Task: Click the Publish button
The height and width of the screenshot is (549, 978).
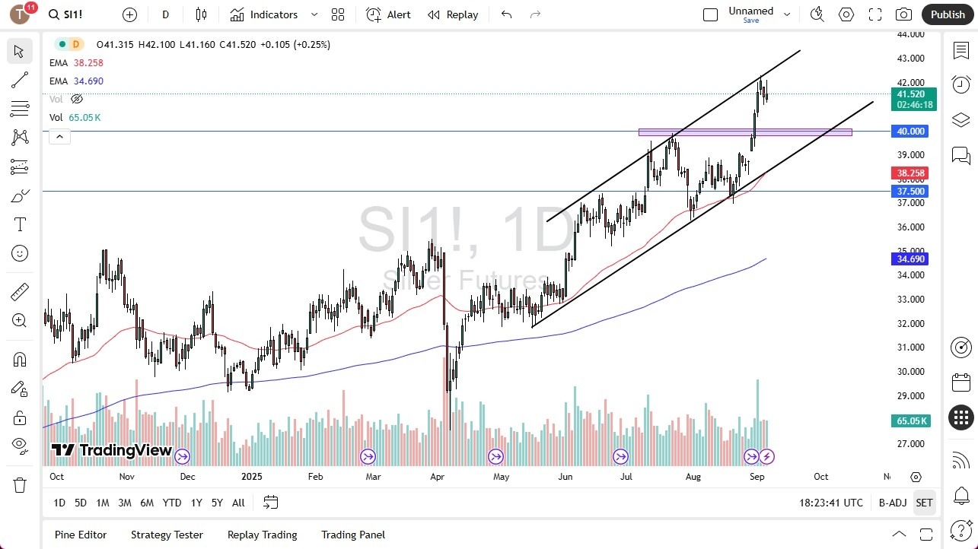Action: [x=947, y=14]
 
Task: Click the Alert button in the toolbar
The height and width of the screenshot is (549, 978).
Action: [x=388, y=14]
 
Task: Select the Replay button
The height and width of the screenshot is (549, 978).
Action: [x=453, y=14]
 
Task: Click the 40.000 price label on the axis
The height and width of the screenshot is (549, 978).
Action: [x=911, y=132]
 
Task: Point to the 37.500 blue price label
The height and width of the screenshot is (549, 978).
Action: [x=911, y=192]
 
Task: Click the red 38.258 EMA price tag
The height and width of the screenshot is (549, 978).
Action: [x=911, y=173]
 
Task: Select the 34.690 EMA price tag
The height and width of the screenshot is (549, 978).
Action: [x=911, y=259]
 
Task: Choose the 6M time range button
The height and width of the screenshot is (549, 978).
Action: [x=147, y=503]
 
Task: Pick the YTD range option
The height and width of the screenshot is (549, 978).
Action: [x=172, y=503]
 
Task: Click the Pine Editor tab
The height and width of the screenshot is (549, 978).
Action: [x=81, y=535]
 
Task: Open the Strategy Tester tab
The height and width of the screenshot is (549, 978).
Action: [x=167, y=535]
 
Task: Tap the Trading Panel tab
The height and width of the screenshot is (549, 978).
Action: [x=353, y=535]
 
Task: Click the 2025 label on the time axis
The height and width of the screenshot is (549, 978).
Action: [x=251, y=477]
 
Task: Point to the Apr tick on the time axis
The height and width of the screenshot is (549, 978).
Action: [x=437, y=477]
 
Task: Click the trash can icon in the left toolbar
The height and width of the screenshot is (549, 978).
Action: [x=20, y=485]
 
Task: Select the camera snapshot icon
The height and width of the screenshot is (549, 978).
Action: [x=903, y=14]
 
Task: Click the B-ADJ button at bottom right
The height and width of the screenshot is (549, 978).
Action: [x=892, y=503]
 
